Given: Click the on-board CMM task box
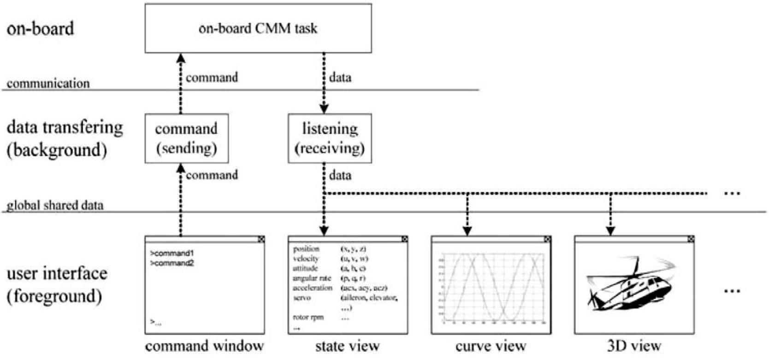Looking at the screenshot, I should click(258, 28).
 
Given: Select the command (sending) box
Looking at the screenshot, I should click(186, 138).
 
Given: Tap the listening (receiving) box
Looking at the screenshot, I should click(329, 138).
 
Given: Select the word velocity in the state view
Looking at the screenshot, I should click(306, 259).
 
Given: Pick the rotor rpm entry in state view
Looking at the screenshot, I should click(308, 317).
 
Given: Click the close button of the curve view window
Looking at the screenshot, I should click(547, 239).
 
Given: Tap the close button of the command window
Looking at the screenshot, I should click(261, 239).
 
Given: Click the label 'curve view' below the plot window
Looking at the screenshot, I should click(491, 346).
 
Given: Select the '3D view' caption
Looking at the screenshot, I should click(634, 346).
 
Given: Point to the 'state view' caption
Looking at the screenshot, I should click(347, 346).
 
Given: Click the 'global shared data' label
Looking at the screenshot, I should click(55, 205).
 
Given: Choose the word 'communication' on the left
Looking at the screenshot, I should click(48, 83).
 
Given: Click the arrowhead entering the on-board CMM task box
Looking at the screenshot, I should click(181, 58).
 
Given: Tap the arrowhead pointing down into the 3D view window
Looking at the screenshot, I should click(610, 230).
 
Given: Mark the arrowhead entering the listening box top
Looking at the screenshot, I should click(324, 109).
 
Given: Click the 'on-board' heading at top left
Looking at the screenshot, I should click(40, 29).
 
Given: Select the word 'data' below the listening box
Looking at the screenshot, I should click(340, 175).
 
